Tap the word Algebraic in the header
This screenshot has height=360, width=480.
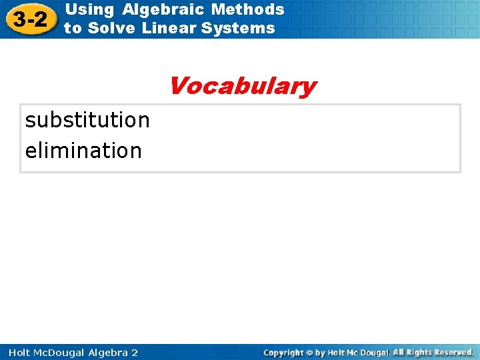point(164,9)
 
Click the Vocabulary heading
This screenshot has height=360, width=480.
point(242,87)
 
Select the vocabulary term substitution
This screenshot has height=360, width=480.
point(87,120)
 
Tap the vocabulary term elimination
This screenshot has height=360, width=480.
point(83,151)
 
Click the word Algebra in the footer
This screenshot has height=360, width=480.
point(106,352)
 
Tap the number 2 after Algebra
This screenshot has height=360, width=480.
point(134,352)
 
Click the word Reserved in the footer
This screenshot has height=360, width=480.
point(452,352)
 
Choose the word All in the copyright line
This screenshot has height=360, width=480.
point(399,352)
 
